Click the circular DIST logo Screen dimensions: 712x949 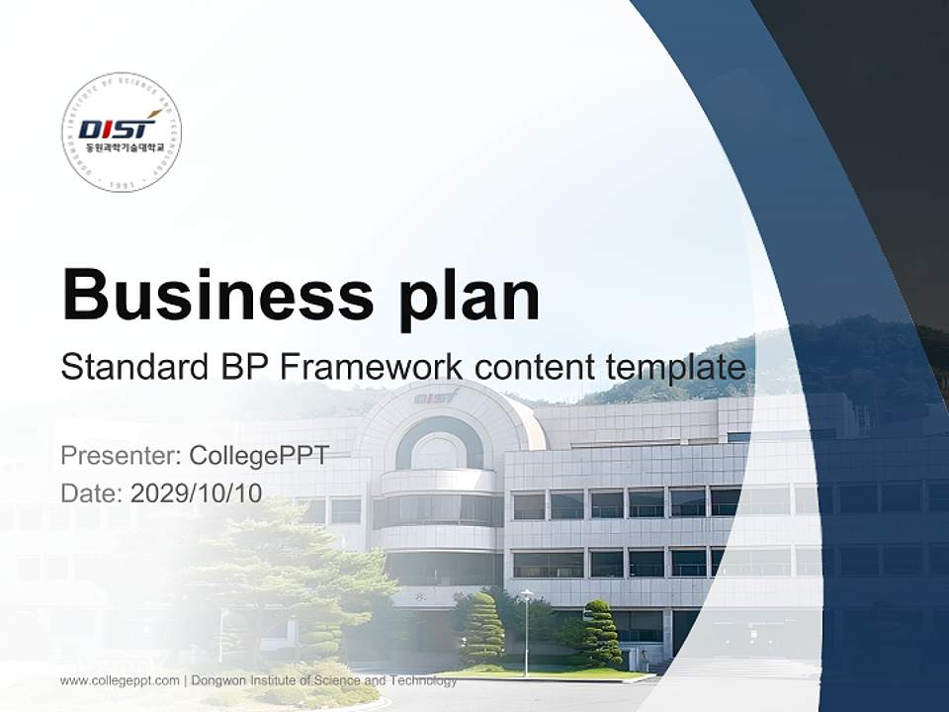point(122,132)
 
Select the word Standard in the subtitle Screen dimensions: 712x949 point(133,367)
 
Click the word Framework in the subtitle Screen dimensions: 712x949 point(372,367)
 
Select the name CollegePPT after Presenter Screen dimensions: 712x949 point(258,456)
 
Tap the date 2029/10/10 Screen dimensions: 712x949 point(197,493)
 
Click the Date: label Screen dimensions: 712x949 point(91,493)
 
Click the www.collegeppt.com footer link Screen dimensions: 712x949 point(120,680)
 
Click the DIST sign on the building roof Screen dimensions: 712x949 point(436,397)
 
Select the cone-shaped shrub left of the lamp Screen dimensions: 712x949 point(482,630)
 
